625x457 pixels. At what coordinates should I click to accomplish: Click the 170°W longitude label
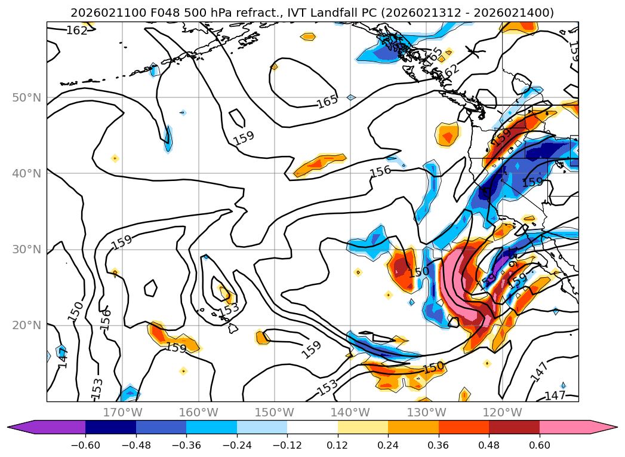pos(122,412)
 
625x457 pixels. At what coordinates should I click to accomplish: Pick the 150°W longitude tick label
pos(275,412)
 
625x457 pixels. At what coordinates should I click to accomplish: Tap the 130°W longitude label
pos(426,412)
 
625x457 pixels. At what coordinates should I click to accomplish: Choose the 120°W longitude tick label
pos(502,412)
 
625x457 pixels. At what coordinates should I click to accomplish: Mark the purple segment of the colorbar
pos(54,427)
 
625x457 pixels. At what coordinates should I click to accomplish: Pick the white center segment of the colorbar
pos(312,427)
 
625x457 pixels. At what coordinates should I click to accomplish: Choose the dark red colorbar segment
pos(514,427)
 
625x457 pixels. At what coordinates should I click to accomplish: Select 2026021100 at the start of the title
pos(98,13)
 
